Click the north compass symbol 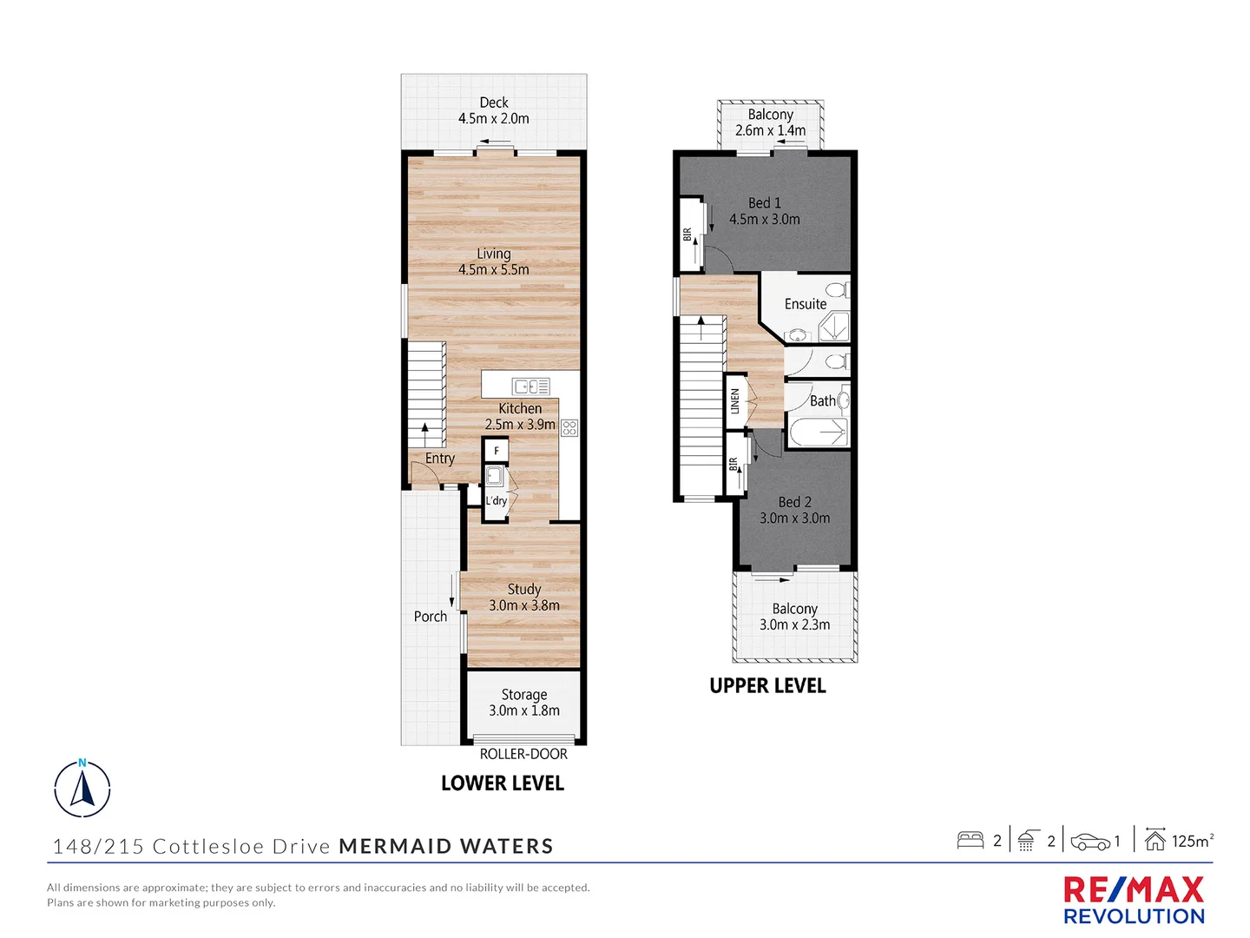tap(82, 789)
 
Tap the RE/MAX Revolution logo tap(1134, 901)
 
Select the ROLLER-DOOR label tap(523, 754)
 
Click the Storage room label tap(524, 695)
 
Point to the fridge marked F tap(496, 451)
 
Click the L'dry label tap(496, 501)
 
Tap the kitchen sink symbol tap(530, 386)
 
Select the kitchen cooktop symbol tap(569, 427)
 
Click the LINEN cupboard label tap(735, 401)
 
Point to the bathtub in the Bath tap(818, 433)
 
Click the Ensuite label tap(806, 304)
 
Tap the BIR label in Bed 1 tap(687, 234)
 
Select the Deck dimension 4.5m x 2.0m tap(494, 119)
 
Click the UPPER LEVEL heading tap(767, 686)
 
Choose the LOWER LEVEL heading tap(503, 783)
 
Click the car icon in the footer tap(1090, 842)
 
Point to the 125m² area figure tap(1192, 841)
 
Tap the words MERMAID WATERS tap(446, 847)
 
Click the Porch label tap(431, 617)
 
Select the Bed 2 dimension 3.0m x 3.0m tap(794, 519)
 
